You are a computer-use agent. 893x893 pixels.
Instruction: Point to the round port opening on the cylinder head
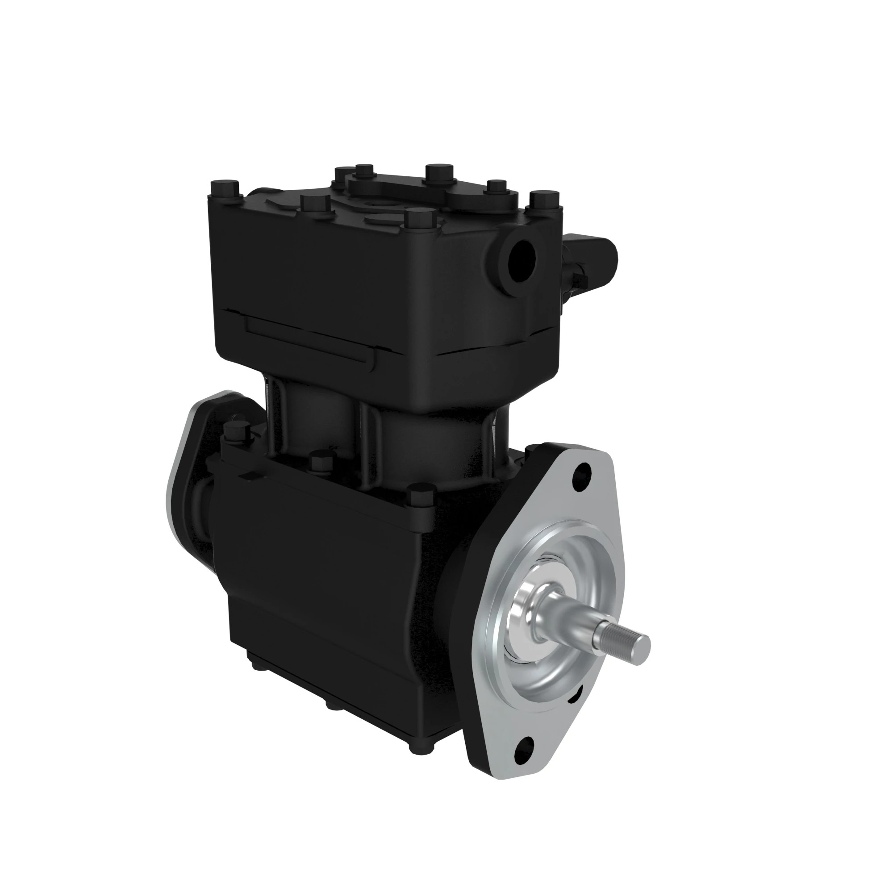522,262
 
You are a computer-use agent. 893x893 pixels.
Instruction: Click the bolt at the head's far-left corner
225,190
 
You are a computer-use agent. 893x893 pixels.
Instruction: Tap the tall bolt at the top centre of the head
439,173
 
